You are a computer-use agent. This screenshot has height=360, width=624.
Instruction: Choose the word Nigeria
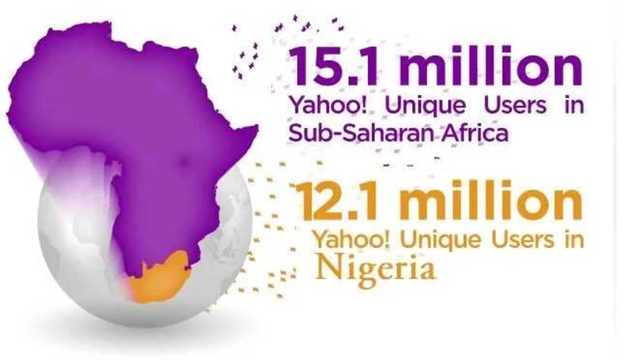tap(374, 270)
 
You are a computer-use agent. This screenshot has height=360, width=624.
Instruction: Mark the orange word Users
tap(518, 240)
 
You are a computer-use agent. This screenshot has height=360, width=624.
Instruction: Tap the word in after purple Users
tap(573, 106)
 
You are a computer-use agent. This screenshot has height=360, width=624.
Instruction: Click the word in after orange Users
tap(574, 240)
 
